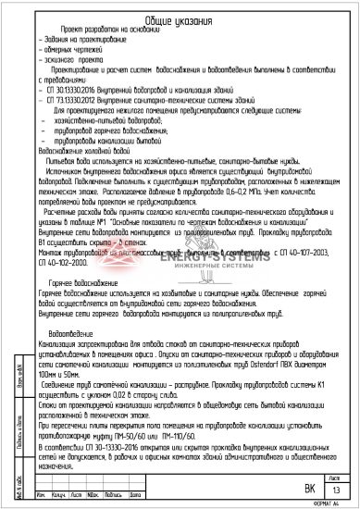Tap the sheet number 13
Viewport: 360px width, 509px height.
pos(339,490)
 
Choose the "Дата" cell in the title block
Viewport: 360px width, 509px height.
pos(126,496)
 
